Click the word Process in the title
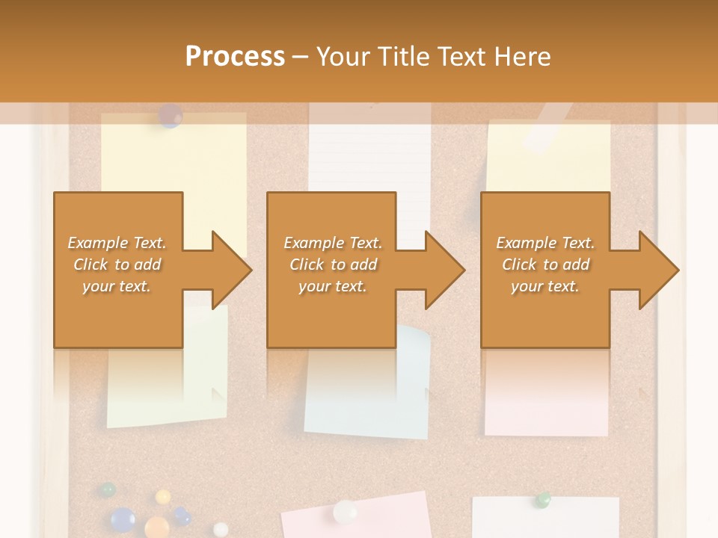(235, 57)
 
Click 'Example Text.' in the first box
(117, 243)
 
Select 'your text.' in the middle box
(332, 286)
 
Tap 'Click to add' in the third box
(545, 265)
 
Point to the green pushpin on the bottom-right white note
(543, 500)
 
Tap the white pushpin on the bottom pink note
(345, 512)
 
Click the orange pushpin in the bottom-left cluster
(156, 526)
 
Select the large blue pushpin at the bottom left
(122, 518)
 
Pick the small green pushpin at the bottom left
(108, 490)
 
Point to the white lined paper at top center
(369, 157)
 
